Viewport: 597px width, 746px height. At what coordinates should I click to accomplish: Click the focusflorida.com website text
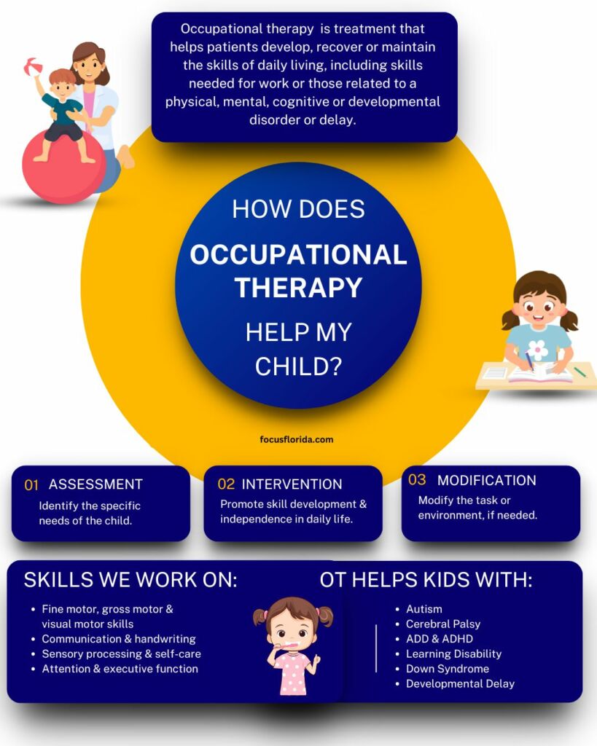coord(297,439)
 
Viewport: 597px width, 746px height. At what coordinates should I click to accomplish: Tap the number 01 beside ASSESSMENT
coord(31,485)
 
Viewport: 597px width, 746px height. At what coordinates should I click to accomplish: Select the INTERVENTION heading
coord(292,484)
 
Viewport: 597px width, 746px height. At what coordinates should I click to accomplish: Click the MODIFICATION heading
coord(486,481)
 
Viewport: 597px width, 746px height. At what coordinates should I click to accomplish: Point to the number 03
coord(417,480)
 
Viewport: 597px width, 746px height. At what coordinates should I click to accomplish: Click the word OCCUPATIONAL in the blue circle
coord(298,255)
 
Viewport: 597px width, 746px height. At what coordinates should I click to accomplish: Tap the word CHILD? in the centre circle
coord(298,366)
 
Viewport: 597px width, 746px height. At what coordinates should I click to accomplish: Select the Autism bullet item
coord(424,609)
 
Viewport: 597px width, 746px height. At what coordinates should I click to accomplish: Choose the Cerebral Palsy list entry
coord(442,624)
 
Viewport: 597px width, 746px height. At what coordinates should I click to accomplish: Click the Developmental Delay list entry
coord(460,684)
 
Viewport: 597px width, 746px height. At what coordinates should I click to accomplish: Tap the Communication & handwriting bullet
coord(118,639)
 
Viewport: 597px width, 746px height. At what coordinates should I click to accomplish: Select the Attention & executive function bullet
coord(120,669)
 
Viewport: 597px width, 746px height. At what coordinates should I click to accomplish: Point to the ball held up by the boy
coord(33,67)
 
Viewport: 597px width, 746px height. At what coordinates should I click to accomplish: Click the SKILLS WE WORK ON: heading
coord(130,581)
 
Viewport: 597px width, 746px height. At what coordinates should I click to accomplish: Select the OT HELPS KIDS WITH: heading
coord(426,581)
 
